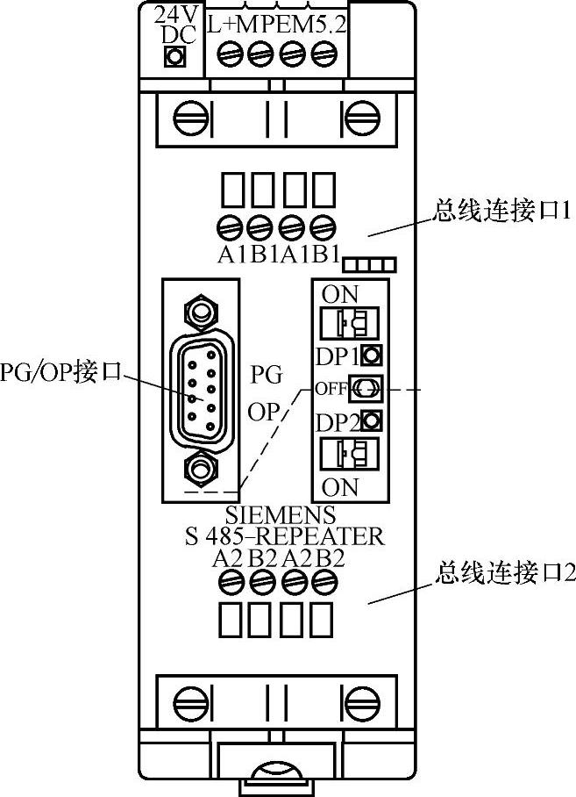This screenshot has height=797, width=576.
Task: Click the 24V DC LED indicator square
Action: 174,58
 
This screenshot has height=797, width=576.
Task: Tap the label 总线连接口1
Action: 502,212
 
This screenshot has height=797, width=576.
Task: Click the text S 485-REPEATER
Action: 284,535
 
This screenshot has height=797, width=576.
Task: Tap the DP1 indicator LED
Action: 371,355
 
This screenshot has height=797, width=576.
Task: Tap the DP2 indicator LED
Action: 371,420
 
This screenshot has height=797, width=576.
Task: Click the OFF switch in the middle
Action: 363,387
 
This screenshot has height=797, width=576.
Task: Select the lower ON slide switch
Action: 345,455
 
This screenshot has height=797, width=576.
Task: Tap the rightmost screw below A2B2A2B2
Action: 326,581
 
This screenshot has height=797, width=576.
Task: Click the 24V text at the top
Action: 174,15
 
